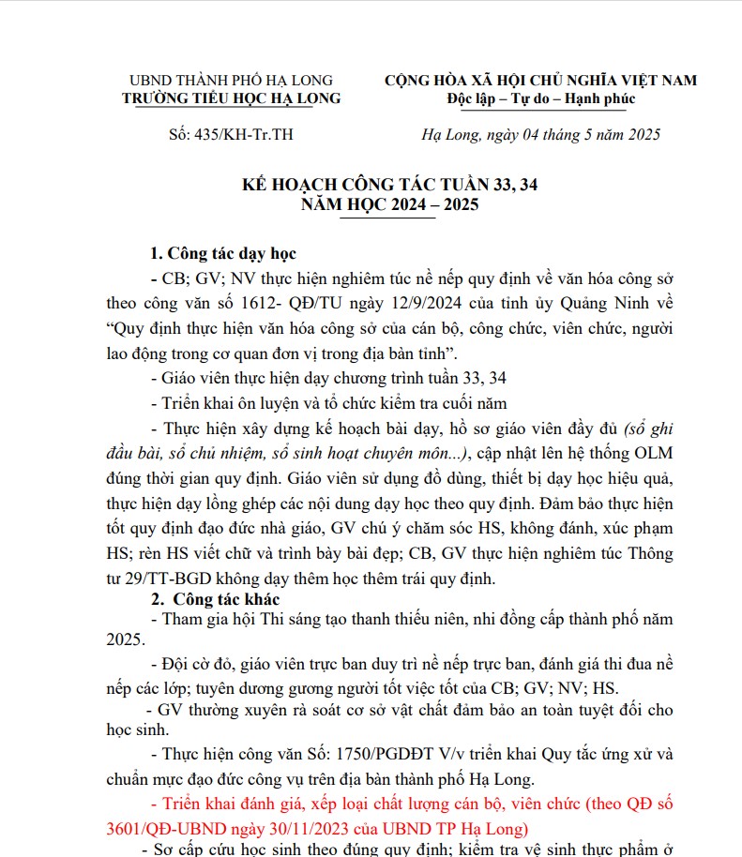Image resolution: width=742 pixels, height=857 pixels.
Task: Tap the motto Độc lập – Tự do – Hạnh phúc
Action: (541, 98)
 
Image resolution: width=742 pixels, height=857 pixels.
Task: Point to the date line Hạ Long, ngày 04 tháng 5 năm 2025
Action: (541, 135)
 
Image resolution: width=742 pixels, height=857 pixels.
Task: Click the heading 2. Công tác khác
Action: (215, 598)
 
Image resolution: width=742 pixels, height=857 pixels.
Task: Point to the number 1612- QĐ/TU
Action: (264, 304)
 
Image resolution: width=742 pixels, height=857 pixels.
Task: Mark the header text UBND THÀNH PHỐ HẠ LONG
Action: (231, 81)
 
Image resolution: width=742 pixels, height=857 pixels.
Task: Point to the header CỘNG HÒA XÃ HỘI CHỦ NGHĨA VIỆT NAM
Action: (541, 81)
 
